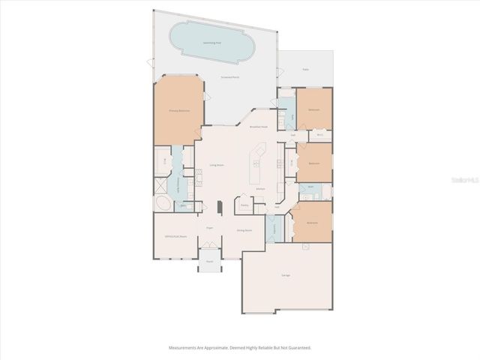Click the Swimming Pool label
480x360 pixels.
pos(212,43)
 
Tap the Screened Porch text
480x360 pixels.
pos(229,77)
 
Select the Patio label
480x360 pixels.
pos(305,69)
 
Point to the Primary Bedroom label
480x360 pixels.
pos(178,110)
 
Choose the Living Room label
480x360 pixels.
pos(217,164)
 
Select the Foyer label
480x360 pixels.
pos(210,226)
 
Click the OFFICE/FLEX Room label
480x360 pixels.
pos(174,235)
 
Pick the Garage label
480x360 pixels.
pos(286,276)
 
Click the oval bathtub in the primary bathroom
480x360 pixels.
pos(163,203)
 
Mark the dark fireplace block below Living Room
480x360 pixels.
pos(218,207)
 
